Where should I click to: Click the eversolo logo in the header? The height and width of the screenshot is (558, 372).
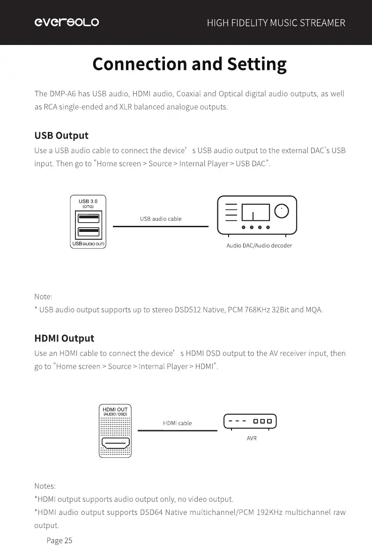pos(66,22)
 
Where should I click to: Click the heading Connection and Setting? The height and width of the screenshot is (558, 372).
pos(189,64)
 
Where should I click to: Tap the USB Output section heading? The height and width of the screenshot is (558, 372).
pos(61,136)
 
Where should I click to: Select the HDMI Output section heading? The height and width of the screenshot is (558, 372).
pos(64,338)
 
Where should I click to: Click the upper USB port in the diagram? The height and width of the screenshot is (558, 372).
pos(88,218)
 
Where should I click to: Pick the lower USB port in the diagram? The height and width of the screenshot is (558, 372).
pos(88,232)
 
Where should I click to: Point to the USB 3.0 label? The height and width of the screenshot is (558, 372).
pos(88,201)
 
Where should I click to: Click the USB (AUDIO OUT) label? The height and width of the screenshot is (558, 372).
pos(88,245)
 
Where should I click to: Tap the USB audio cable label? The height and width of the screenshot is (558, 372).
pos(161,219)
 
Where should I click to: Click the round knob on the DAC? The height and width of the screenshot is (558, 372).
pos(282,212)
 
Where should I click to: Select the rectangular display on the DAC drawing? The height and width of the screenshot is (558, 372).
pos(255,212)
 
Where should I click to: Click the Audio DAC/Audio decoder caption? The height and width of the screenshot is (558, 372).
pos(259,246)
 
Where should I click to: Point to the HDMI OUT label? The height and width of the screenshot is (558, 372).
pos(115,409)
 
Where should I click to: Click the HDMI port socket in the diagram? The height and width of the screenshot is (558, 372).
pos(115,444)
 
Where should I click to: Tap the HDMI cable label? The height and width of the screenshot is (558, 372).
pos(177,423)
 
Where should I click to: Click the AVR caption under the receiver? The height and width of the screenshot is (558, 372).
pos(252,439)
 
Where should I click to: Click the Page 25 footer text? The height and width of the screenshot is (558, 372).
pos(60,541)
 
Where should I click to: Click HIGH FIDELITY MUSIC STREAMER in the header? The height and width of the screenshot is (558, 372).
pos(276,23)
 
